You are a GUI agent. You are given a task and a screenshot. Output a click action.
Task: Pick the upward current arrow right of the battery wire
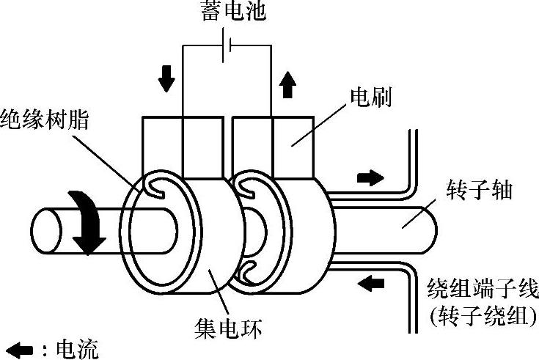pyautogui.click(x=287, y=87)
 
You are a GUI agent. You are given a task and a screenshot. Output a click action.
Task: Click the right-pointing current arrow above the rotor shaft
pyautogui.click(x=370, y=177)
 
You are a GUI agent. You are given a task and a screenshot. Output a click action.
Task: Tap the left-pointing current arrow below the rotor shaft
pyautogui.click(x=373, y=281)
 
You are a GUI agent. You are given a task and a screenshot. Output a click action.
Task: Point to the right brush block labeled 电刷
pyautogui.click(x=293, y=143)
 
